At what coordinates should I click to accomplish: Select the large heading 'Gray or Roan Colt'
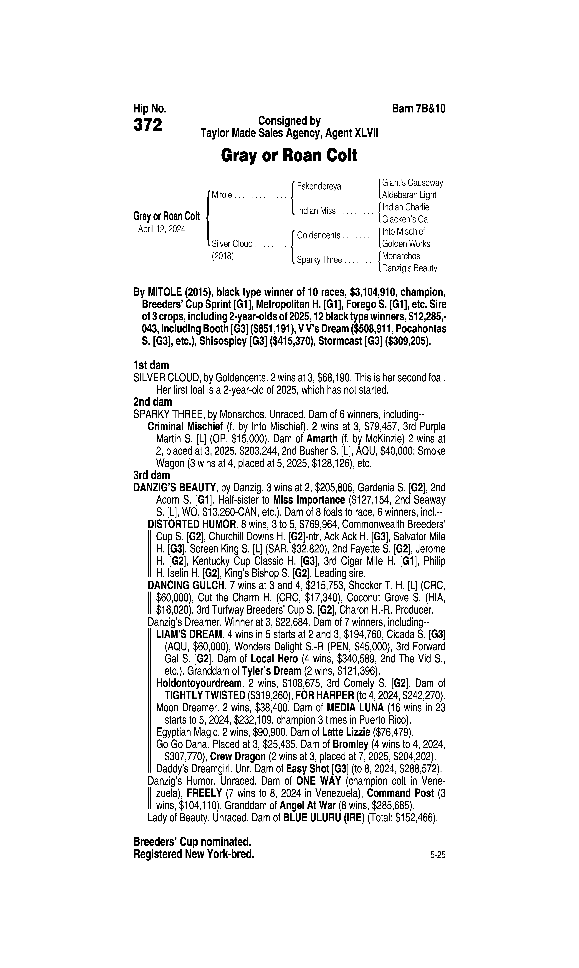(289, 156)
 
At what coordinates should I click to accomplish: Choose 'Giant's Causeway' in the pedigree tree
(412, 182)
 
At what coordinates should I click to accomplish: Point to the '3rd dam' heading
(152, 475)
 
